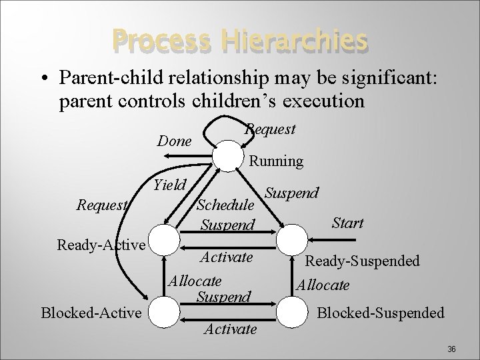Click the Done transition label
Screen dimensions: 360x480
[174, 141]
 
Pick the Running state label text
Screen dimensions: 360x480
[275, 161]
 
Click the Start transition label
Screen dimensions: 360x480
[347, 223]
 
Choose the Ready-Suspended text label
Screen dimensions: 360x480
[363, 261]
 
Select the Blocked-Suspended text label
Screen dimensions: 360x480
[381, 312]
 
